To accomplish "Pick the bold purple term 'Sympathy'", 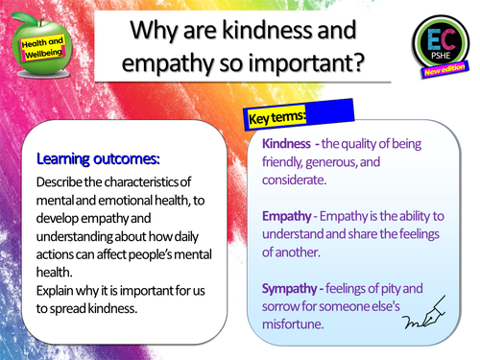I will [x=293, y=287].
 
